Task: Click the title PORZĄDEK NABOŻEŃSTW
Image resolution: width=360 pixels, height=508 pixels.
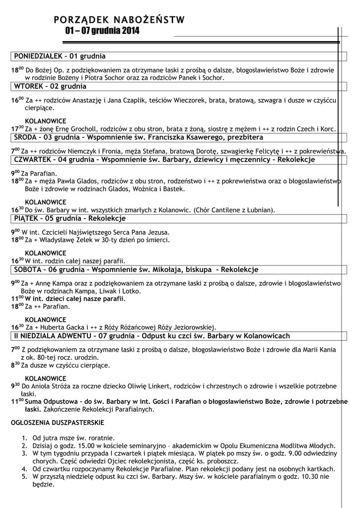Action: point(119,20)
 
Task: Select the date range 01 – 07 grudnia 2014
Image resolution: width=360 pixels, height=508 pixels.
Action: point(102,31)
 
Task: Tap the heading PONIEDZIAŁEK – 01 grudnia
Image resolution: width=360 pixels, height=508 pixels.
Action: point(60,56)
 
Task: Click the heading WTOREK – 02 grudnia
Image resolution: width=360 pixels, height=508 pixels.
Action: point(50,86)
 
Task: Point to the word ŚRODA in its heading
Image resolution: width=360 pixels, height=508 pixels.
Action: point(26,136)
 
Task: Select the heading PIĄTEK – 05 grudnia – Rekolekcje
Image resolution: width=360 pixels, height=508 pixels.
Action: point(70,218)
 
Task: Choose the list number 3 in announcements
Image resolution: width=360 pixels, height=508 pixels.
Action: point(24,453)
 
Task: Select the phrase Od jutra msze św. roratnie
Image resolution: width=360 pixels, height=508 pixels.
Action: point(73,438)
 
